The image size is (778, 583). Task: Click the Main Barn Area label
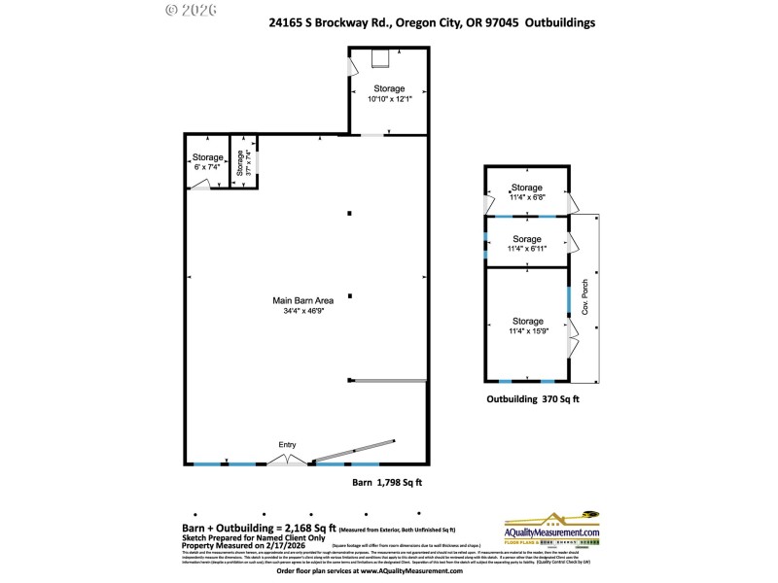[x=303, y=300]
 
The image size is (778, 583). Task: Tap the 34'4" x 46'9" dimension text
[x=303, y=311]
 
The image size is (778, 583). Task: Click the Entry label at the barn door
[x=287, y=445]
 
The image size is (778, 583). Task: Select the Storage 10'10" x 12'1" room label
[x=387, y=94]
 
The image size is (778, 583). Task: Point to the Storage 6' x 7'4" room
[x=207, y=161]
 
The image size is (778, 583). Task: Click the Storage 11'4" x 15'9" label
[x=526, y=326]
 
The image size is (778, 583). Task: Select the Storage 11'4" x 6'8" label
[x=526, y=191]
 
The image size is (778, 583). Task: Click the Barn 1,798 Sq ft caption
[x=386, y=482]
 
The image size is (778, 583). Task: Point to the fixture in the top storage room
[x=380, y=60]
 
